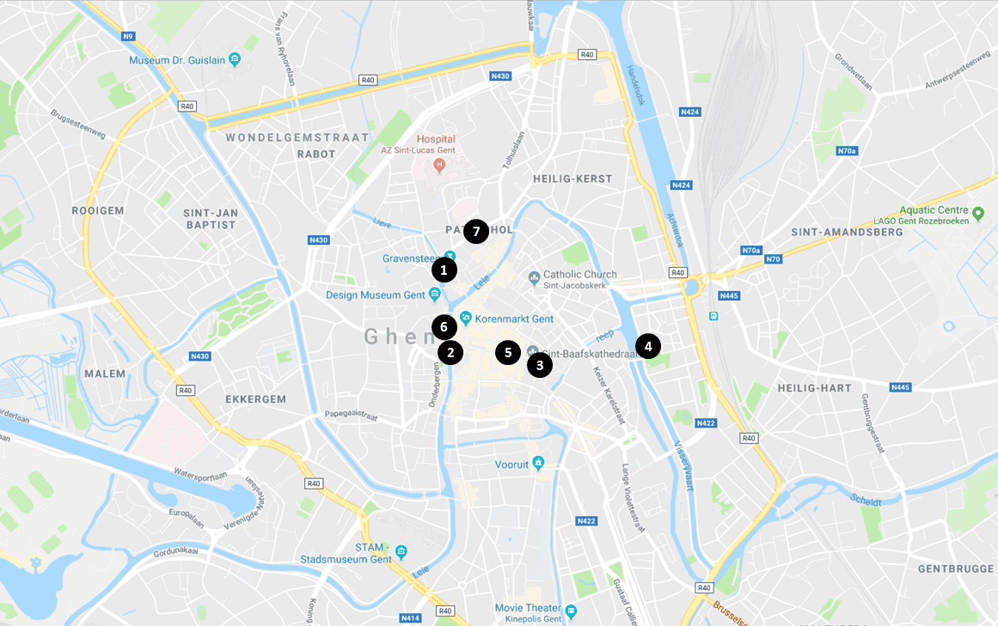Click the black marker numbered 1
(444, 270)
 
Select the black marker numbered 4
(648, 347)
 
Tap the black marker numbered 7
(475, 231)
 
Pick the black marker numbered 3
(539, 365)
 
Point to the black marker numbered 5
(508, 352)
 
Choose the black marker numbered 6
(444, 326)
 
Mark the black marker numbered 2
(450, 352)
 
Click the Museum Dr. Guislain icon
(235, 60)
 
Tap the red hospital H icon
(439, 164)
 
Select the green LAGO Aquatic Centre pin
(977, 211)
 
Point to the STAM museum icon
(401, 551)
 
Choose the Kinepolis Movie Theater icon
(571, 611)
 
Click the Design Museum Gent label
(377, 295)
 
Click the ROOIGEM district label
(98, 210)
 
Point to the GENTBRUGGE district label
(955, 569)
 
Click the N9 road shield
(128, 36)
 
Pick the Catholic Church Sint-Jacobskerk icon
(534, 277)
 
